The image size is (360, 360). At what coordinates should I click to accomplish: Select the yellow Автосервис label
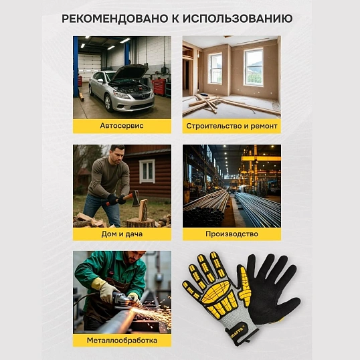click(x=122, y=126)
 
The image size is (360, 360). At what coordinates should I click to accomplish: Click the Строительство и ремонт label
click(x=232, y=126)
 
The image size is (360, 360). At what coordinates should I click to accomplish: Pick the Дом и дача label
click(x=122, y=234)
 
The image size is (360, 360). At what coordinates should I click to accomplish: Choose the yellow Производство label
click(x=232, y=234)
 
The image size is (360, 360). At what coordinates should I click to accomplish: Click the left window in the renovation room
click(x=215, y=68)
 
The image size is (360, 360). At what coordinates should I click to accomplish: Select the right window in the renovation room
click(x=253, y=66)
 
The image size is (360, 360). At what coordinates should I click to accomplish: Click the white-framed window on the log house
click(x=147, y=171)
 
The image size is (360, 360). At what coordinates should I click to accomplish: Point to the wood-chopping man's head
click(x=118, y=153)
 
